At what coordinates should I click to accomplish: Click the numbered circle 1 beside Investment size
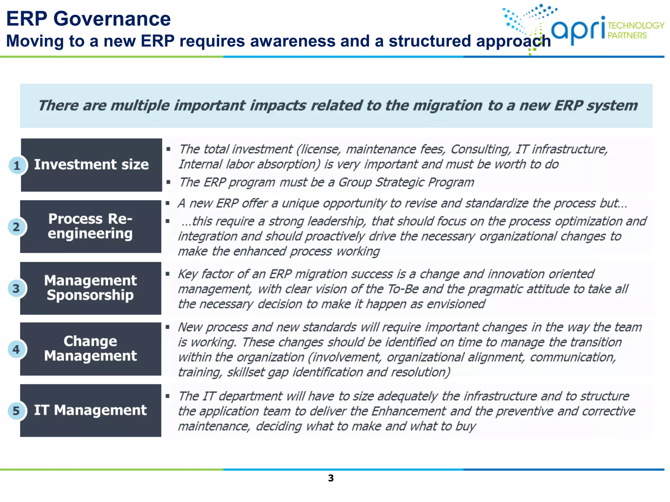17,165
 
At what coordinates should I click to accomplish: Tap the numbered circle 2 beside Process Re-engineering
16,227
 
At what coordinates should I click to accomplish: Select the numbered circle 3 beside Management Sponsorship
16,289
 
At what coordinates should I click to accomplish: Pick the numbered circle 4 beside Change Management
16,349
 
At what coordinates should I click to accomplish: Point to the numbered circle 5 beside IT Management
16,410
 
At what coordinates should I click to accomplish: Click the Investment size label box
92,165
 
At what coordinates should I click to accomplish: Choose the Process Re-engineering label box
91,226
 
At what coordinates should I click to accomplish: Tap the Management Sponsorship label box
91,288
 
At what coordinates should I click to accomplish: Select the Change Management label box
91,349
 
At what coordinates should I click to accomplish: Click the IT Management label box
91,410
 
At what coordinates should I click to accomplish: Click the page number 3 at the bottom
331,478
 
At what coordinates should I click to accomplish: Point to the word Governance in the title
112,19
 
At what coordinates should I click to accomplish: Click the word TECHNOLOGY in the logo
636,25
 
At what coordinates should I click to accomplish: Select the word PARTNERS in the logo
627,35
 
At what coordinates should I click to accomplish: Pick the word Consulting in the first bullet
480,149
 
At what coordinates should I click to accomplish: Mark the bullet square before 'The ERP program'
168,182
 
